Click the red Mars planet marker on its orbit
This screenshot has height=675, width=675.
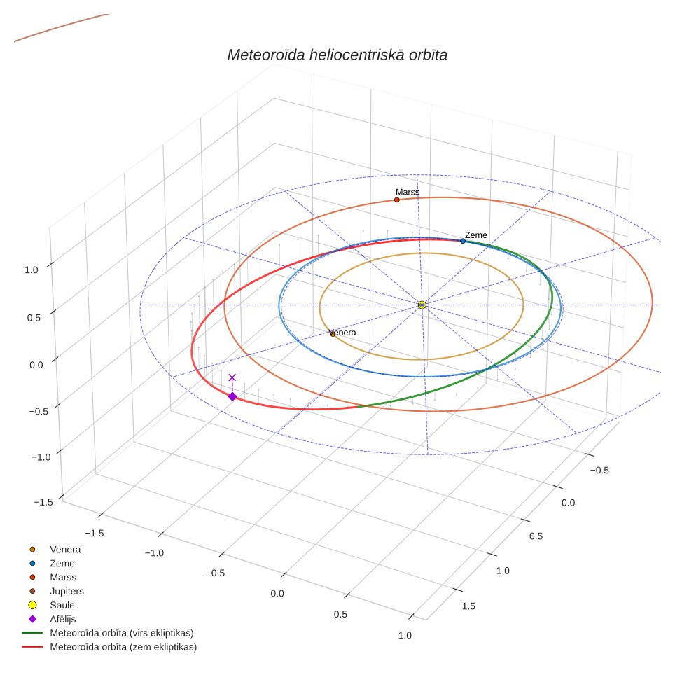coord(397,200)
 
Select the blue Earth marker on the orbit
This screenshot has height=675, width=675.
coord(463,241)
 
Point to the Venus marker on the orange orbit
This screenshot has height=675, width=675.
coord(333,334)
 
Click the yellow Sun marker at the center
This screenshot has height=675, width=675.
coord(422,305)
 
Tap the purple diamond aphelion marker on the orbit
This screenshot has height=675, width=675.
coord(232,396)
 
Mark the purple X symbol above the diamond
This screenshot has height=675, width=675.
coord(232,377)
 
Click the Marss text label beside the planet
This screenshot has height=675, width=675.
coord(408,192)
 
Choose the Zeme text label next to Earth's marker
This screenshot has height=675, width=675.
coord(475,235)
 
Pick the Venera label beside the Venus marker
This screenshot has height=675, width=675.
coord(342,333)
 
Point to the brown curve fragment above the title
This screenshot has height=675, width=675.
coord(61,27)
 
